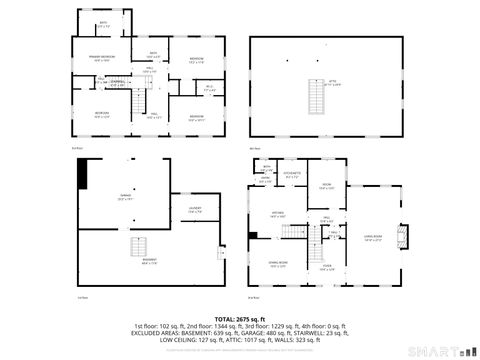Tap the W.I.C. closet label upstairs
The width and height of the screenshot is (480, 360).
click(210, 89)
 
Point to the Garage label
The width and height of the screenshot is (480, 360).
click(124, 197)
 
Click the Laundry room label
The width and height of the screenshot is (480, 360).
click(196, 210)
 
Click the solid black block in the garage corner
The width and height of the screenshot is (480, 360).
click(83, 171)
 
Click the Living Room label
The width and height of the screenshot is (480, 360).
click(373, 238)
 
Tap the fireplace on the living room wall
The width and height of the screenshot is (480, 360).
click(403, 236)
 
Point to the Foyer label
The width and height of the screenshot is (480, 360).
click(327, 265)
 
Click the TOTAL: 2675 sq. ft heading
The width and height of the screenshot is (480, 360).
click(240, 319)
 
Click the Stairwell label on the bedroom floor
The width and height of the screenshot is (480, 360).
click(118, 82)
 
